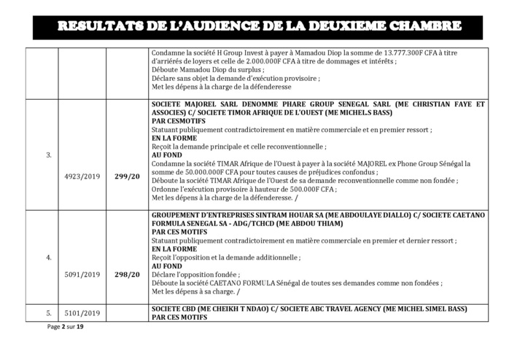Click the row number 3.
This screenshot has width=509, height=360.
pyautogui.click(x=49, y=175)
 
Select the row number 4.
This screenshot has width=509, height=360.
pyautogui.click(x=49, y=257)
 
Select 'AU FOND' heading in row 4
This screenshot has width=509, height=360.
pyautogui.click(x=167, y=266)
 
